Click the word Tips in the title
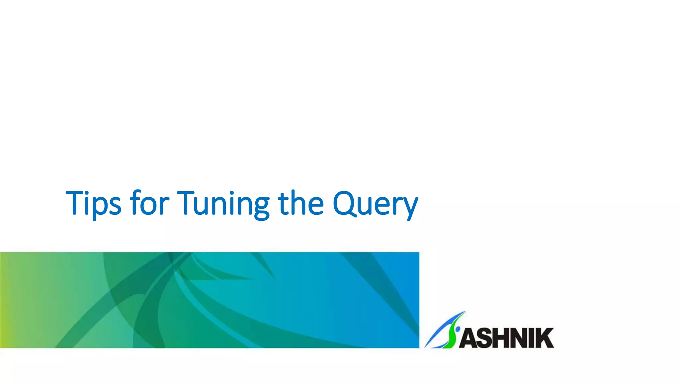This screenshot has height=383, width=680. [93, 203]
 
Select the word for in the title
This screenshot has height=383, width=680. [149, 203]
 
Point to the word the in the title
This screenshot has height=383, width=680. [300, 203]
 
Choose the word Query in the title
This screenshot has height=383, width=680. [375, 203]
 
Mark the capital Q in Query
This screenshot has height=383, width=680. [345, 203]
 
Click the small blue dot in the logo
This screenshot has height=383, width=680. [458, 329]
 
